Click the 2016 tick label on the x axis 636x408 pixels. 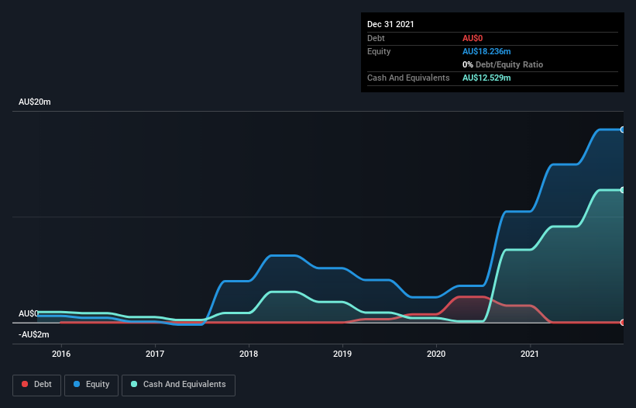click(x=61, y=354)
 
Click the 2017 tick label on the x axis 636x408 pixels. click(x=155, y=354)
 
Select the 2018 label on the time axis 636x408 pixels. click(x=249, y=354)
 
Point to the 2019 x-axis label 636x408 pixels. click(x=342, y=354)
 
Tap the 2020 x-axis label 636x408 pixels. click(x=436, y=354)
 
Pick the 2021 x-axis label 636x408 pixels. click(x=530, y=354)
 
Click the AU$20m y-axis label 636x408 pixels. click(x=35, y=102)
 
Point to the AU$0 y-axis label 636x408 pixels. click(x=28, y=313)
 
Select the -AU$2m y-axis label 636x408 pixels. click(x=33, y=334)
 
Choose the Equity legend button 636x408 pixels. click(x=91, y=384)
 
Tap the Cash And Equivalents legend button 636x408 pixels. click(x=178, y=384)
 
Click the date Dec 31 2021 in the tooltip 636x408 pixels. click(x=390, y=24)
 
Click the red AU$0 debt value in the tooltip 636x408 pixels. click(x=473, y=38)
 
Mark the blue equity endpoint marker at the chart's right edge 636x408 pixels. click(x=623, y=130)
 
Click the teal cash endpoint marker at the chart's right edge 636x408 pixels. click(x=623, y=190)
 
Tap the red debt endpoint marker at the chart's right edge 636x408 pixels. click(x=623, y=322)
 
